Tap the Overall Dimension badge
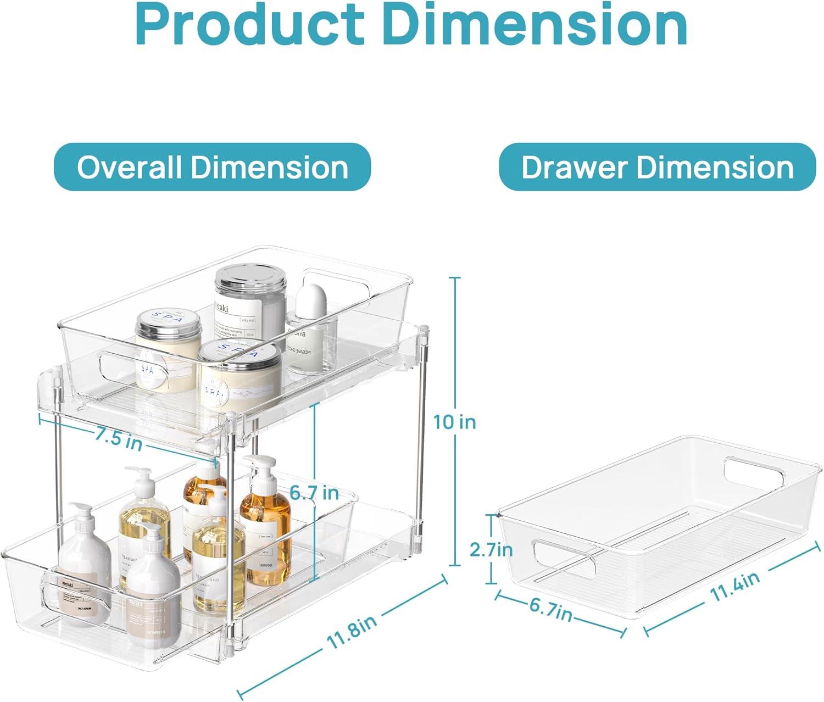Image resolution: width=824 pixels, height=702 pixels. point(212,167)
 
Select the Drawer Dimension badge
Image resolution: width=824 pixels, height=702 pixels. point(657,167)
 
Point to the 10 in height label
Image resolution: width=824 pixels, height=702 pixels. point(454,422)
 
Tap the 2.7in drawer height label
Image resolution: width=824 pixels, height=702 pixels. point(491,549)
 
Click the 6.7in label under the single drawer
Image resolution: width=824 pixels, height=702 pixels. point(551,609)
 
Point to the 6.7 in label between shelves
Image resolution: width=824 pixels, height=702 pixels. point(314,493)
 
